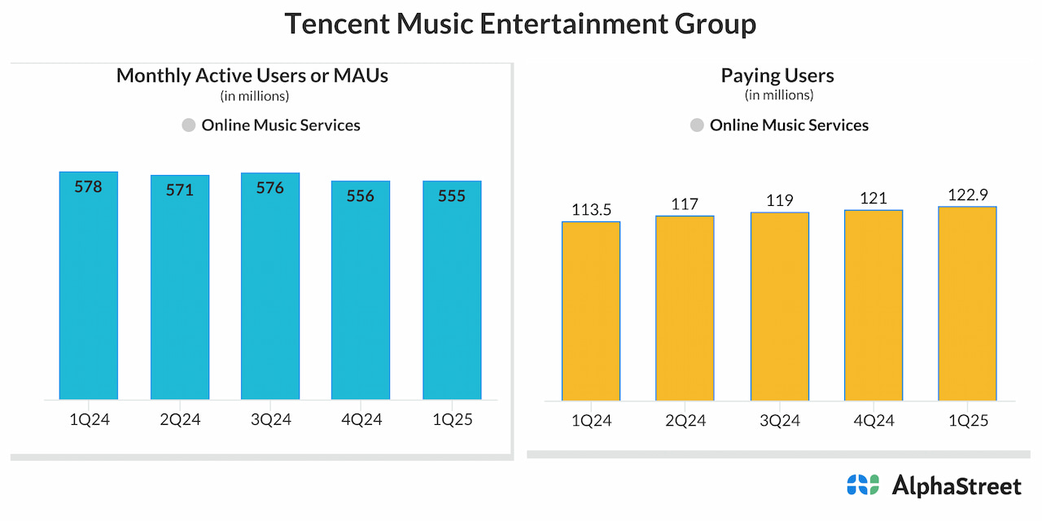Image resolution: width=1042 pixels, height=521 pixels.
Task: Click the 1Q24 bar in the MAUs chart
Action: pyautogui.click(x=89, y=293)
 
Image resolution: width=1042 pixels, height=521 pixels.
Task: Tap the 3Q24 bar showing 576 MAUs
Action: pyautogui.click(x=270, y=293)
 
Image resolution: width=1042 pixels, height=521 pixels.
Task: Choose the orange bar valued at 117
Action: pyautogui.click(x=685, y=309)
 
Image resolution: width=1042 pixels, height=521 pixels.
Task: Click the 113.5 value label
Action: pyautogui.click(x=591, y=208)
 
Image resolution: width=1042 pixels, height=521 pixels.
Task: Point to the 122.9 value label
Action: pyautogui.click(x=967, y=195)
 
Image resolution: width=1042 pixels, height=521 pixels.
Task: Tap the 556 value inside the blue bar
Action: pyautogui.click(x=361, y=195)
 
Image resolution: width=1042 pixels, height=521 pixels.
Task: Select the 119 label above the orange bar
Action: pyautogui.click(x=780, y=200)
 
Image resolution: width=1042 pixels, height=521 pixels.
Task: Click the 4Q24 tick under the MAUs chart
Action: pyautogui.click(x=361, y=420)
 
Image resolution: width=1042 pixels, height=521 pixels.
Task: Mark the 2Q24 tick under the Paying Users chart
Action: pyautogui.click(x=685, y=420)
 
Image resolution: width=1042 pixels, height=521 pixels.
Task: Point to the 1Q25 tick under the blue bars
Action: pyautogui.click(x=452, y=420)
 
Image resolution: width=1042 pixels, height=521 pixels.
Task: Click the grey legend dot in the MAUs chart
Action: pyautogui.click(x=189, y=125)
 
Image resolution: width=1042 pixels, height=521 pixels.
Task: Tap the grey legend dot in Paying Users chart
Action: pyautogui.click(x=697, y=125)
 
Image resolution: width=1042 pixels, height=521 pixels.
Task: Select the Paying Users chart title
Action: pyautogui.click(x=777, y=76)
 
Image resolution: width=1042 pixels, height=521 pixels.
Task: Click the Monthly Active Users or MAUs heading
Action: pyautogui.click(x=252, y=76)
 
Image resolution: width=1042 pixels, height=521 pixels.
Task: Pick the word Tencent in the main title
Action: pyautogui.click(x=336, y=24)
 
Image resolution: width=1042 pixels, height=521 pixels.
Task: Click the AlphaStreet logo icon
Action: pyautogui.click(x=863, y=485)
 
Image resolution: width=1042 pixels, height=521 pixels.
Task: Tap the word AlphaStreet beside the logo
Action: pyautogui.click(x=957, y=486)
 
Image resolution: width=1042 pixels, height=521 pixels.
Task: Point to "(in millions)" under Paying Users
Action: pyautogui.click(x=779, y=95)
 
